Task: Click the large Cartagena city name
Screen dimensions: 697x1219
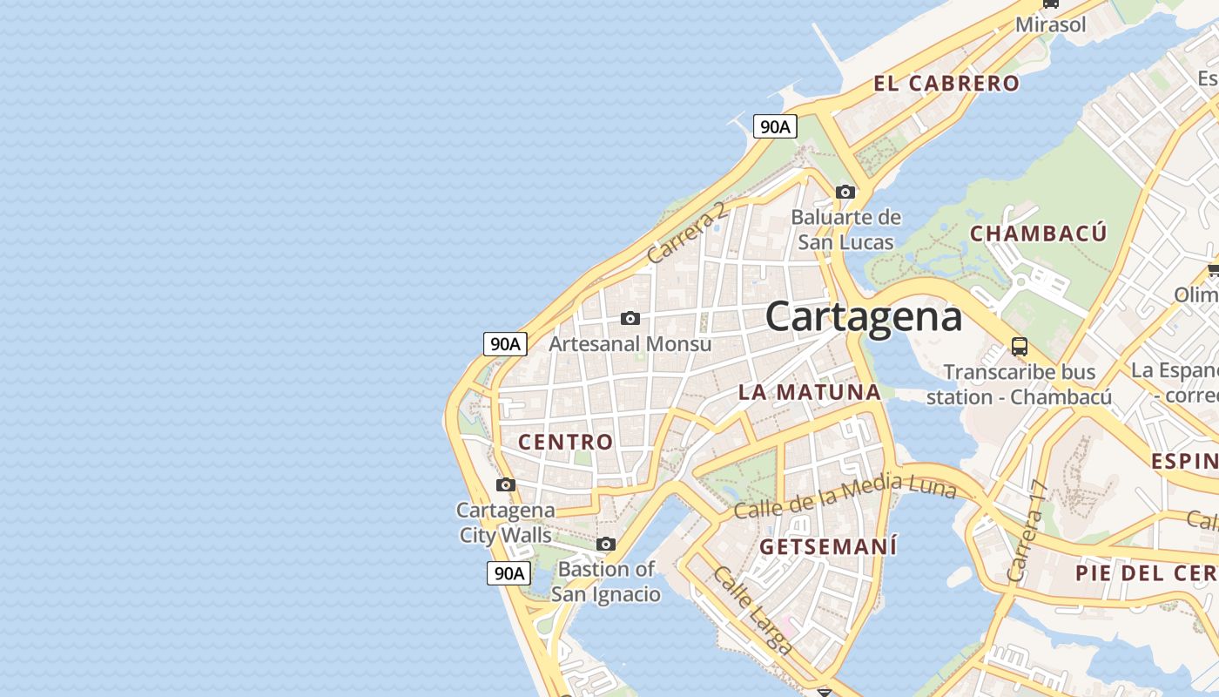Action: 864,317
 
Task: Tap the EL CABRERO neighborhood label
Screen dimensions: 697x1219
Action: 946,84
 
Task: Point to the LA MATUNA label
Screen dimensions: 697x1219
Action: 810,392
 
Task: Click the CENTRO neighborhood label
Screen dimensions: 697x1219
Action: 566,442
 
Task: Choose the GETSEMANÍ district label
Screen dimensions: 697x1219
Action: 828,547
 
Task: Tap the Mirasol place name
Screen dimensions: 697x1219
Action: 1051,24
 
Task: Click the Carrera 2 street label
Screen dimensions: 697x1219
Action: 686,233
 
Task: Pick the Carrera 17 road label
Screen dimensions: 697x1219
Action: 1025,531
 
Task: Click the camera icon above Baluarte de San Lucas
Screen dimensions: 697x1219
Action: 845,192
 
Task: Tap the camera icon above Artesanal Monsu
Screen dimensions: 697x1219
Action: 630,318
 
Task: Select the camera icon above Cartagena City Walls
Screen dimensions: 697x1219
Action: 505,484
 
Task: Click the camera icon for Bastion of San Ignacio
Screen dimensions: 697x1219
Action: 606,545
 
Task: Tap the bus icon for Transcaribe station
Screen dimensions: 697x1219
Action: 1019,346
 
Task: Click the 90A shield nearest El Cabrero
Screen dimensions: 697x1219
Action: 774,127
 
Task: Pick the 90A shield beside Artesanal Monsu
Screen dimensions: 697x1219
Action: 505,344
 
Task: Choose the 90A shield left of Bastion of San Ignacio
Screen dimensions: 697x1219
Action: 508,573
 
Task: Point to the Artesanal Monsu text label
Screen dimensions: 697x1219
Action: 630,344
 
